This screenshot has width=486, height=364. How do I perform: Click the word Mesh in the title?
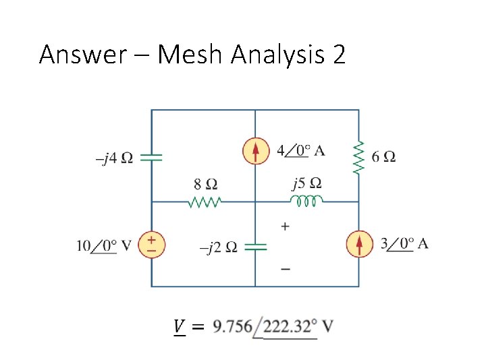pos(191,55)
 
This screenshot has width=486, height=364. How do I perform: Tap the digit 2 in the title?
pos(338,55)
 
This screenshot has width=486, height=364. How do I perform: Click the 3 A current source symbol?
pos(359,244)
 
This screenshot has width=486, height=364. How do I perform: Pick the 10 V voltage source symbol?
pos(151,244)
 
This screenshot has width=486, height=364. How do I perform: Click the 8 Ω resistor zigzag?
pos(205,202)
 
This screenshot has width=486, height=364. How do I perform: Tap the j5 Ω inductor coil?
pos(307,201)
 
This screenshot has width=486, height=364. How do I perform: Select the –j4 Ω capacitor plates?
pos(151,157)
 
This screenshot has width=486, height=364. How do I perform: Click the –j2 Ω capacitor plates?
pos(255,247)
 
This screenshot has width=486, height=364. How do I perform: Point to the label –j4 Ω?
pos(114,158)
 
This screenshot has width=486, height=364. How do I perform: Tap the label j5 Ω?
pos(306,183)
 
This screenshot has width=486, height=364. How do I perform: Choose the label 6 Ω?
pos(384,156)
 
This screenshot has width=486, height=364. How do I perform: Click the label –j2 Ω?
pos(218,247)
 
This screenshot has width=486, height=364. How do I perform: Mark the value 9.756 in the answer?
pos(232,327)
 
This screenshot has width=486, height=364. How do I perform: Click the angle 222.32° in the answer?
pos(290,327)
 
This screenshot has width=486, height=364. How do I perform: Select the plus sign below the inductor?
pos(286,226)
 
